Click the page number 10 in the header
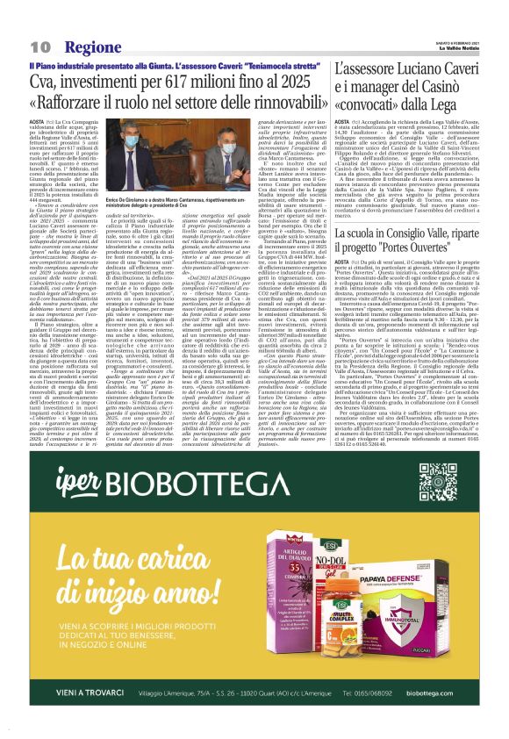(39, 46)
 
